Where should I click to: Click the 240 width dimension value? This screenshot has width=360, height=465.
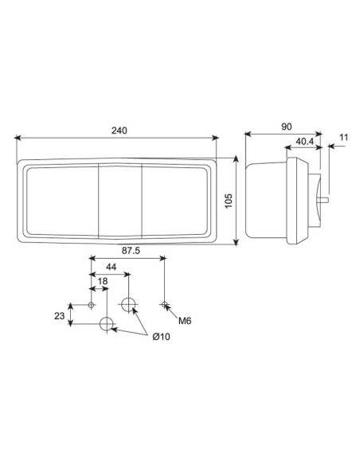tap(119, 130)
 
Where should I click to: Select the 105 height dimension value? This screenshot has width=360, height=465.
tap(229, 201)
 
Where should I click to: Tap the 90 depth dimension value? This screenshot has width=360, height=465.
tap(287, 126)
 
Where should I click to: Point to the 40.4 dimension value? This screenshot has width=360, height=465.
tap(303, 142)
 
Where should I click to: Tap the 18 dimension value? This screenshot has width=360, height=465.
tap(101, 282)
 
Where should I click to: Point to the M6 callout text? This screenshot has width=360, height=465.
tap(185, 322)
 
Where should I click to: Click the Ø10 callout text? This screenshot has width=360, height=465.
tap(161, 337)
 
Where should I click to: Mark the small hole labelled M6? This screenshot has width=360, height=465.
tap(164, 304)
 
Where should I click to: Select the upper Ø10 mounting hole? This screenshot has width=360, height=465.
tap(129, 304)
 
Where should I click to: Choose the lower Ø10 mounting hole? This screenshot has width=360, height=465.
tap(107, 324)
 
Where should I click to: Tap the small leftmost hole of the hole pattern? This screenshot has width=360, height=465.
tap(91, 305)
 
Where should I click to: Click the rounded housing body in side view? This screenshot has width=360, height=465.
tap(268, 201)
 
